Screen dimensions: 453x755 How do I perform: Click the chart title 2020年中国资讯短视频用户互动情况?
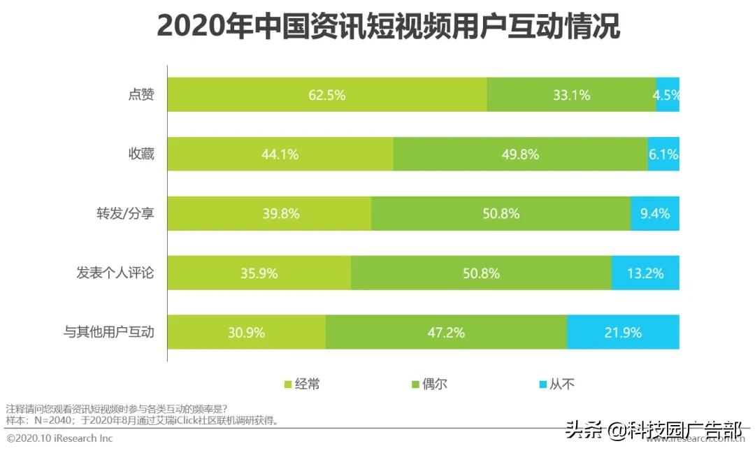[x=388, y=27]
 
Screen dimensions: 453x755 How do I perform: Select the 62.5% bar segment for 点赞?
[x=327, y=95]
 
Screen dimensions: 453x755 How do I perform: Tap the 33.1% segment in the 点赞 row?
[x=571, y=95]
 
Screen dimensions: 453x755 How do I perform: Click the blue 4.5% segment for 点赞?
[x=668, y=95]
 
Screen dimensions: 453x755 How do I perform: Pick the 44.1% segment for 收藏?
[x=280, y=154]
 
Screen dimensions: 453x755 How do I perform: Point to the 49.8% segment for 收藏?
[x=520, y=154]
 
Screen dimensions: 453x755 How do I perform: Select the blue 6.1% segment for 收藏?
[x=663, y=154]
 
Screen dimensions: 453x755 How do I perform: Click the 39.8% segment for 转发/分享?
[x=269, y=214]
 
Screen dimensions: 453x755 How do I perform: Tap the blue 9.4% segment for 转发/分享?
[x=655, y=214]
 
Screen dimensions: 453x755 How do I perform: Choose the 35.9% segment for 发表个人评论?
[x=259, y=273]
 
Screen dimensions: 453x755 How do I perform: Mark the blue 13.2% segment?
[x=645, y=273]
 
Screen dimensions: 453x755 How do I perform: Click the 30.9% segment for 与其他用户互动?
[x=247, y=333]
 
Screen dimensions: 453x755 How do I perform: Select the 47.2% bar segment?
[x=446, y=333]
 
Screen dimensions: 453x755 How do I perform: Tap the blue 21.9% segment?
[x=623, y=333]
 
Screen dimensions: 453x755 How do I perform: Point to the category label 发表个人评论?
[x=115, y=273]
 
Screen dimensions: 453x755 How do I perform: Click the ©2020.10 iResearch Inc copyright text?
[x=59, y=438]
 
